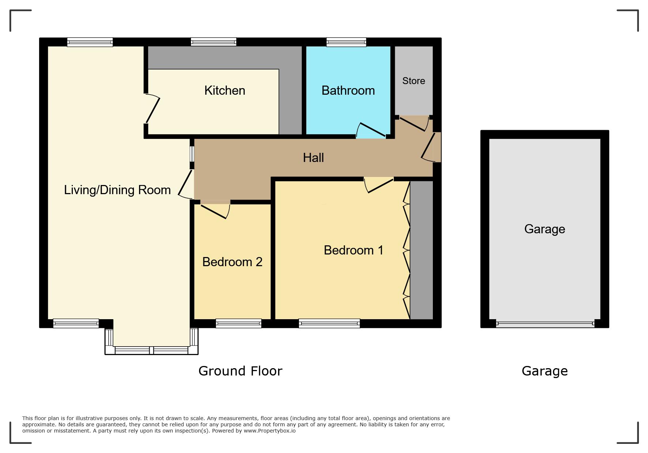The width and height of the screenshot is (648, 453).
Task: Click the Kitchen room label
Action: (225, 90)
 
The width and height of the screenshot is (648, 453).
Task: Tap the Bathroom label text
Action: (348, 90)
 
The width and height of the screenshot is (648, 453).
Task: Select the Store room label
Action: (413, 81)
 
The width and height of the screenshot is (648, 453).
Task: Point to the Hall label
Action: (313, 158)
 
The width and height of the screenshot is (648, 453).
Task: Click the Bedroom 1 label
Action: (353, 250)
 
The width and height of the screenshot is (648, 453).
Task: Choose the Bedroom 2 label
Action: (232, 262)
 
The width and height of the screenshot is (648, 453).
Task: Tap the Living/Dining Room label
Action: (117, 190)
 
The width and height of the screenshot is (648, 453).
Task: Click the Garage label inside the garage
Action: (544, 229)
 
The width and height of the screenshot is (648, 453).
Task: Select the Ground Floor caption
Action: (240, 371)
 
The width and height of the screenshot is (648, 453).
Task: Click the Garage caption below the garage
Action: (544, 371)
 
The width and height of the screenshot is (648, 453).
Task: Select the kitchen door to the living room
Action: (153, 109)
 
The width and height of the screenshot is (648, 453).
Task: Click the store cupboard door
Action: (413, 124)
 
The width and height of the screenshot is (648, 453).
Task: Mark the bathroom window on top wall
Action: (346, 42)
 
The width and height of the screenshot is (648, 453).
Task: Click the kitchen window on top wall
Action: (213, 42)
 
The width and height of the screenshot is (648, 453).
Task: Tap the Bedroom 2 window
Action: (239, 323)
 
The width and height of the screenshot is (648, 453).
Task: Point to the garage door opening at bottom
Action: (545, 324)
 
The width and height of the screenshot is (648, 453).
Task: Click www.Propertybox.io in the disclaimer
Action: (270, 431)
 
